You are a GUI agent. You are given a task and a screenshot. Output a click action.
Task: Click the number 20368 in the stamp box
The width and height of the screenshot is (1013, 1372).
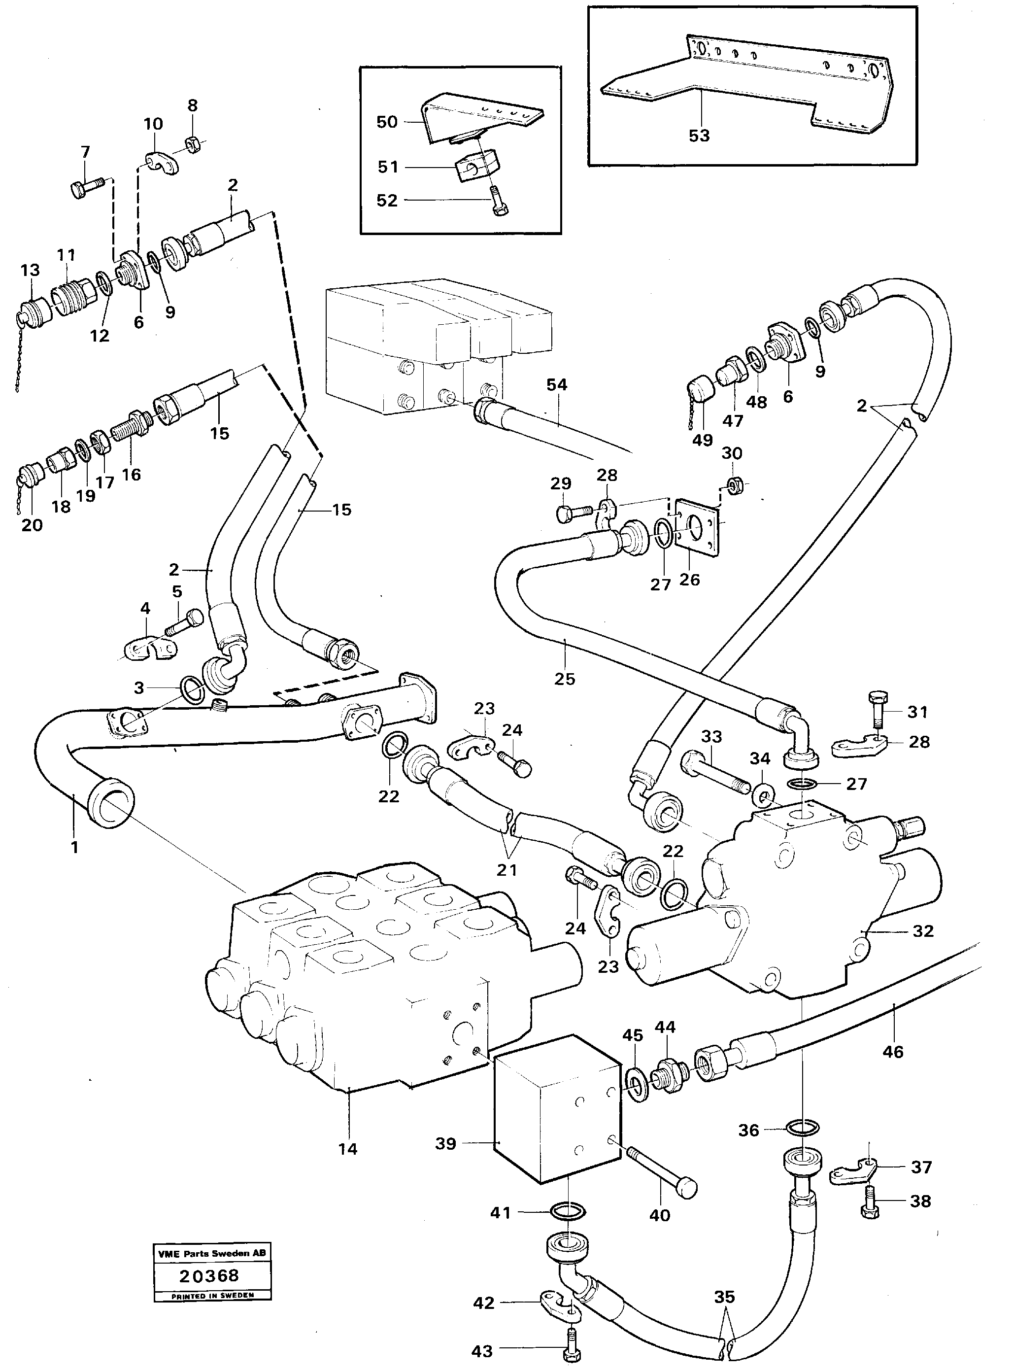click(208, 1276)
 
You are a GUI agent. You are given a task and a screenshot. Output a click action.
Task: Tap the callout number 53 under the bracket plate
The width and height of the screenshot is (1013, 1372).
click(699, 136)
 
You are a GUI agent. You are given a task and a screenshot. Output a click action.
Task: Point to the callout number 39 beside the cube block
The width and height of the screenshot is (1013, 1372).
click(446, 1144)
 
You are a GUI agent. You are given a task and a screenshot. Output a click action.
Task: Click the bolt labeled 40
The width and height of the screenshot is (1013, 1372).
click(662, 1172)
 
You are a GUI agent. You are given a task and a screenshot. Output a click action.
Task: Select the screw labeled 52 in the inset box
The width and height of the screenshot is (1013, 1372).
click(498, 205)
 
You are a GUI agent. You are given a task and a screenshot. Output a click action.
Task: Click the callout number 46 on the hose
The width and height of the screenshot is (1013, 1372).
click(893, 1052)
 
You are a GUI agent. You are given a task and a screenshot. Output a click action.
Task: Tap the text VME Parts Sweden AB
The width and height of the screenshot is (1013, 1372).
click(212, 1254)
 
